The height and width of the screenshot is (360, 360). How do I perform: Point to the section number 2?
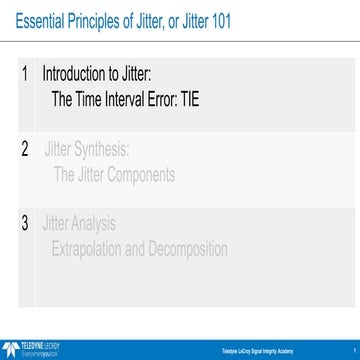pyautogui.click(x=25, y=151)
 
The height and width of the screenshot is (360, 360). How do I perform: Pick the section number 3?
pyautogui.click(x=25, y=222)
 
